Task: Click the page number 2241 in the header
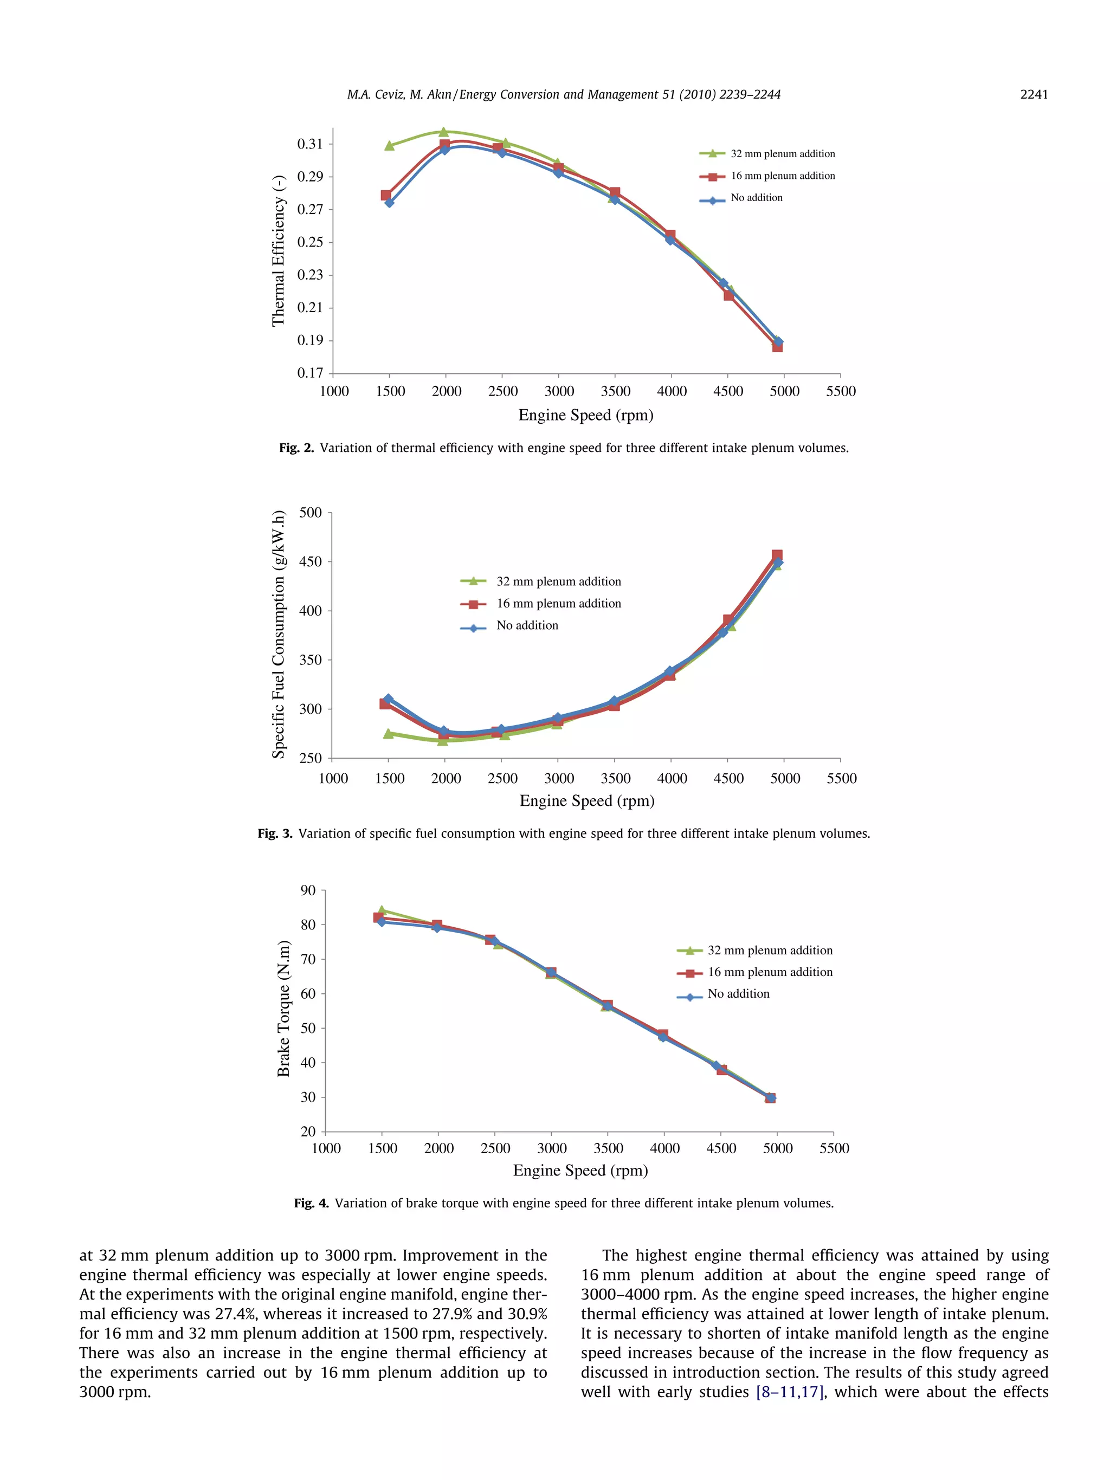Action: pos(1033,94)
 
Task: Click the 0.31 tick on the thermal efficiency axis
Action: pos(310,144)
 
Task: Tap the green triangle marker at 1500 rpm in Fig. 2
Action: pos(389,145)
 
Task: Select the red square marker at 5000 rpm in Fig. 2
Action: pos(777,347)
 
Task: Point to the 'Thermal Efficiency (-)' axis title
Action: pos(279,251)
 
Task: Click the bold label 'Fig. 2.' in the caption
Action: pos(296,448)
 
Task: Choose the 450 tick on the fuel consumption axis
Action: pos(311,561)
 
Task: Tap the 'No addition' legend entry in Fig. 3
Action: pos(527,625)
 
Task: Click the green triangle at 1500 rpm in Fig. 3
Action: pos(388,733)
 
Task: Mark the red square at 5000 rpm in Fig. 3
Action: pos(777,555)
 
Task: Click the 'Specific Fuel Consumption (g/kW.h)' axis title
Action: pos(279,634)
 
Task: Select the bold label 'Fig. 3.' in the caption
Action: pos(274,833)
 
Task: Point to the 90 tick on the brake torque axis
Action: pos(308,890)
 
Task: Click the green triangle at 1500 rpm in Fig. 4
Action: pos(382,910)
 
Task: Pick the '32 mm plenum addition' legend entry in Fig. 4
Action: pos(770,950)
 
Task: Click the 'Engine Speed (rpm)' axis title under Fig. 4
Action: pos(580,1170)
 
